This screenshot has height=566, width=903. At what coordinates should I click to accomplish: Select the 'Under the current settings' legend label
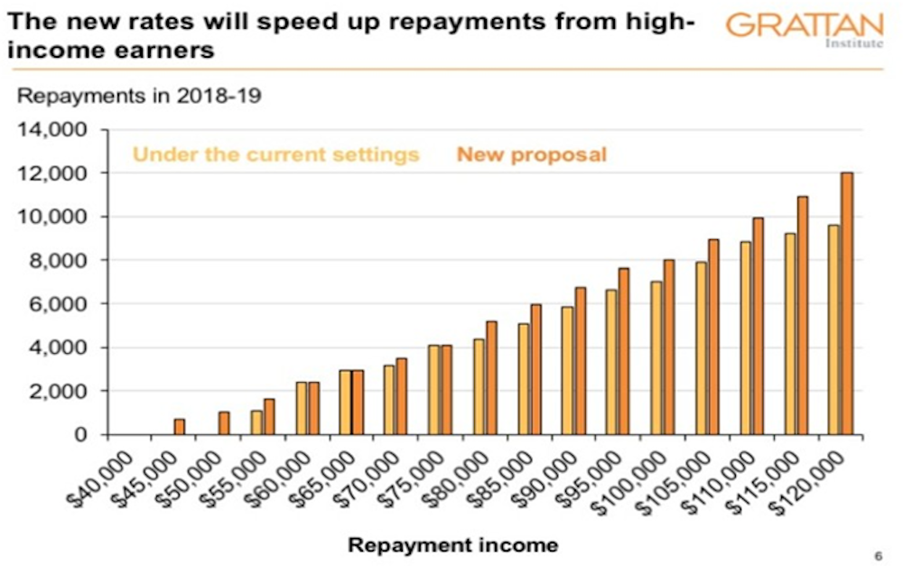276,154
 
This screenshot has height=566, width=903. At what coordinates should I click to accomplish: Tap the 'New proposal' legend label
531,154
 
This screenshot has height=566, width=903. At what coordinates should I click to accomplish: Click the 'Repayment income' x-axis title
452,545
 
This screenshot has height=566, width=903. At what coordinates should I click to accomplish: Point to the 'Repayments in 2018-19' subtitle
140,96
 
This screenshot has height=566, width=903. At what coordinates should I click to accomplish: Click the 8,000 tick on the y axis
62,261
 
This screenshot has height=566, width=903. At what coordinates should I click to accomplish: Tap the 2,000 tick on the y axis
62,392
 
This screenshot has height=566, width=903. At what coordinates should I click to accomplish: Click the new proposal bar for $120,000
846,303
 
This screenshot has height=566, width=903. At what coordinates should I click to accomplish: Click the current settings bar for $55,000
256,422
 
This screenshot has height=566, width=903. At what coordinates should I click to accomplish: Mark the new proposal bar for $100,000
669,348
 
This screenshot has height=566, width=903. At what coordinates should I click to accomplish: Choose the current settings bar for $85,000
523,379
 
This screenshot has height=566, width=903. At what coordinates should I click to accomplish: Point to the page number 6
879,554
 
